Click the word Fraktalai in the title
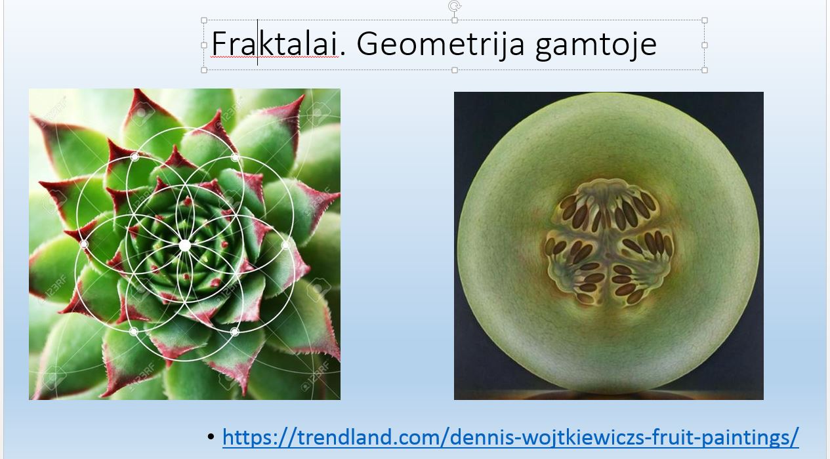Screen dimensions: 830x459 click(274, 44)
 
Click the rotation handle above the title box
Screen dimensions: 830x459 click(455, 6)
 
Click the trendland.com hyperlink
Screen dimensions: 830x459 click(510, 437)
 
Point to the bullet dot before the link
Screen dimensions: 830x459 click(211, 437)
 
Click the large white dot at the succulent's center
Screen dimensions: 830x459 click(184, 245)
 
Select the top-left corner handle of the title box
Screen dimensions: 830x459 click(204, 20)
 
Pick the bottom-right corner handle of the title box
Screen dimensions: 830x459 click(705, 70)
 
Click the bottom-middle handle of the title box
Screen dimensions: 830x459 click(455, 70)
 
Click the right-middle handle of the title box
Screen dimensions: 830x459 click(705, 45)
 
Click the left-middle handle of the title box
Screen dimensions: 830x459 click(204, 45)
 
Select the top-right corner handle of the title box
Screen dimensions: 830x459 click(705, 20)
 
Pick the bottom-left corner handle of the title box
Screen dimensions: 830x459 click(204, 70)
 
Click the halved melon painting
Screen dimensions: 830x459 click(609, 246)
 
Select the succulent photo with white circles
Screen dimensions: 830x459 click(184, 245)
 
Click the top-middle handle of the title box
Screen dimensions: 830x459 click(455, 20)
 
